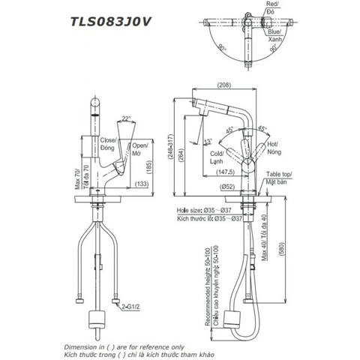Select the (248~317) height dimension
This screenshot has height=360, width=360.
175,148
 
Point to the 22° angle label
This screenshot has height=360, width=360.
126,117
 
